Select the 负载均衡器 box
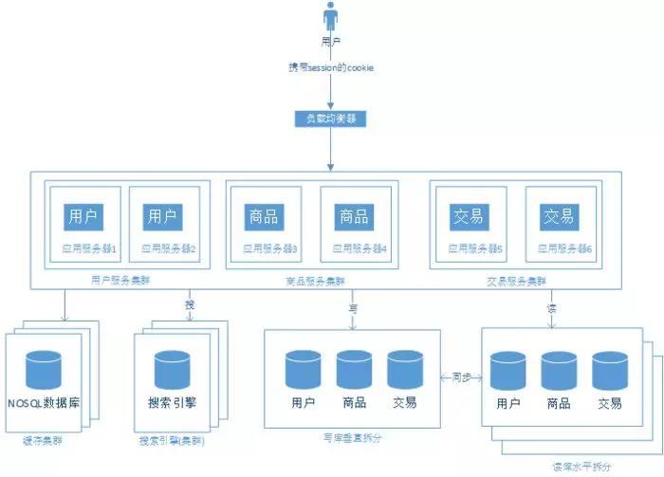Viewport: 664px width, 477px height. (331, 119)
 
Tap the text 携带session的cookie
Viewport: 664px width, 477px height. (331, 68)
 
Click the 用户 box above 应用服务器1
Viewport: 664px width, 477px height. (83, 217)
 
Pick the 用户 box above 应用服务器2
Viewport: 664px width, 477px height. (162, 217)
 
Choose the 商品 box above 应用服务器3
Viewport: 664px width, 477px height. (262, 217)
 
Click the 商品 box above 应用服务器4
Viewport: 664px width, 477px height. (354, 217)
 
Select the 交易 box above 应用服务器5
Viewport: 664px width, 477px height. (467, 217)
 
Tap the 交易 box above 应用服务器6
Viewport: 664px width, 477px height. (559, 217)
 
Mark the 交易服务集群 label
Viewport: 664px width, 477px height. (516, 280)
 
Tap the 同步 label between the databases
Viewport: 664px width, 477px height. (462, 376)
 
